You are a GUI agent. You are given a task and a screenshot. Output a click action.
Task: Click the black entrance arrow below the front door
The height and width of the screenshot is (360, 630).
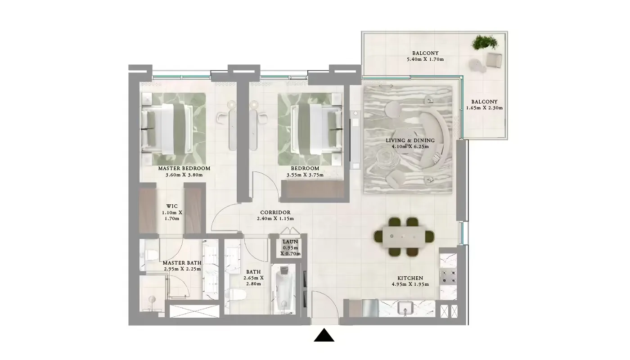tap(324, 336)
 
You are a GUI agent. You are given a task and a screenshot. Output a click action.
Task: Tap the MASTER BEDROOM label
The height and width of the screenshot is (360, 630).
tap(184, 169)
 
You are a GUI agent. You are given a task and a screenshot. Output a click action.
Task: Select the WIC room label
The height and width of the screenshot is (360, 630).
tap(171, 207)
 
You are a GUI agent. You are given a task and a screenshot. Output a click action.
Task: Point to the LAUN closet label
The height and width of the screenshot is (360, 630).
tap(291, 242)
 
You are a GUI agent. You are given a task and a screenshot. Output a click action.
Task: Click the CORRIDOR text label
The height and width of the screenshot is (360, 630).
tap(275, 212)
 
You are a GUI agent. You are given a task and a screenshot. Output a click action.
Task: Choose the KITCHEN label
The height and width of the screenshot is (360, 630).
tap(410, 279)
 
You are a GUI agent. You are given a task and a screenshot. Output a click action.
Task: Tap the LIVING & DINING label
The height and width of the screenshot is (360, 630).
tap(410, 140)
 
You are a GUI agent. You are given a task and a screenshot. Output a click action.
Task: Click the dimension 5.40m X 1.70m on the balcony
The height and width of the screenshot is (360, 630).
tap(425, 59)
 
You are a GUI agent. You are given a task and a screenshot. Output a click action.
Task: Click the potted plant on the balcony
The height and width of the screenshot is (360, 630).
tap(484, 43)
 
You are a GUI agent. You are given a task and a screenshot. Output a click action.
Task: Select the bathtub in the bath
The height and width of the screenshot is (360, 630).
tap(284, 288)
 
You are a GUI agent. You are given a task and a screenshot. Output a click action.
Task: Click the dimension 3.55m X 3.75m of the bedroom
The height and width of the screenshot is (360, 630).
tap(305, 175)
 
